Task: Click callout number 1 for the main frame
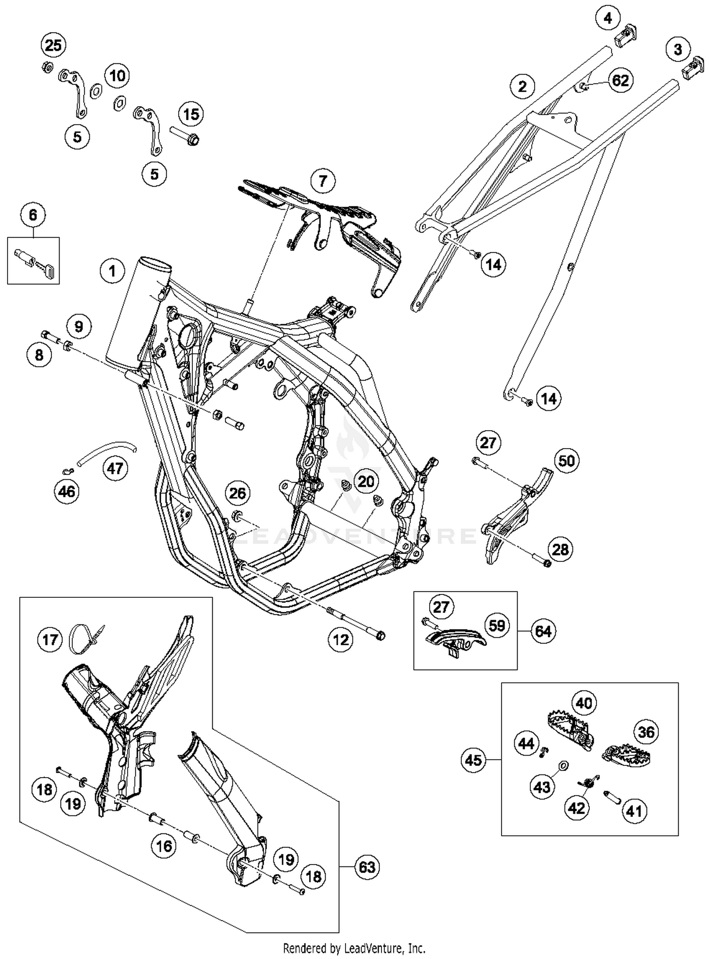pos(112,271)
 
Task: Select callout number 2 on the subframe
pos(522,86)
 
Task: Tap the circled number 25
pos(53,45)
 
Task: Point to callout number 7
pos(323,181)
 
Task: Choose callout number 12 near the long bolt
pos(340,640)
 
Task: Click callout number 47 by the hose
pos(115,468)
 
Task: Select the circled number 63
pos(367,867)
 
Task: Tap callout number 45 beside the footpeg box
pos(473,759)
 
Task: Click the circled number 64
pos(543,631)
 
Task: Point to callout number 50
pos(566,460)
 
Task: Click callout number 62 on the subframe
pos(620,80)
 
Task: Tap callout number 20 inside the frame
pos(366,481)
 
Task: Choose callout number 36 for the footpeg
pos(646,732)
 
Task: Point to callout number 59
pos(497,626)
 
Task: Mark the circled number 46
pos(67,492)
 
